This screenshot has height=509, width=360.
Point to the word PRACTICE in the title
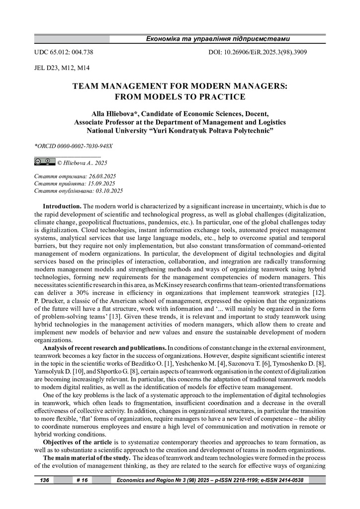[224, 96]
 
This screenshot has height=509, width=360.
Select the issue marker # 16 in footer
[81, 480]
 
